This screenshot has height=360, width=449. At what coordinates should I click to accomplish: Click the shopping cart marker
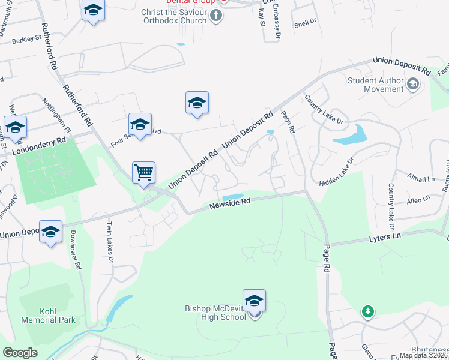coord(144,173)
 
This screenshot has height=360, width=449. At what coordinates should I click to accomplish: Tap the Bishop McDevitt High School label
coord(215,312)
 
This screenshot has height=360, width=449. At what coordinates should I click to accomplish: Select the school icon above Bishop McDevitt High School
coord(254,301)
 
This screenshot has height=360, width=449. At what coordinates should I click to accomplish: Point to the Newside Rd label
coord(229,205)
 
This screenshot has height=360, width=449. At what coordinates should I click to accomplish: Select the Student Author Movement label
coord(376,85)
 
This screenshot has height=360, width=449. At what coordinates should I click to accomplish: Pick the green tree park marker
coord(367,312)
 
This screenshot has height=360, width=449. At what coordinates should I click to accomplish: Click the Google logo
coord(20,353)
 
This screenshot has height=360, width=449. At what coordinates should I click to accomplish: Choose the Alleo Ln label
coord(418,199)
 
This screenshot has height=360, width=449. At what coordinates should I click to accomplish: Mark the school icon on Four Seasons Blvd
coord(140,125)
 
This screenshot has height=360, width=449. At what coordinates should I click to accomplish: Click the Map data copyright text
coord(423,355)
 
